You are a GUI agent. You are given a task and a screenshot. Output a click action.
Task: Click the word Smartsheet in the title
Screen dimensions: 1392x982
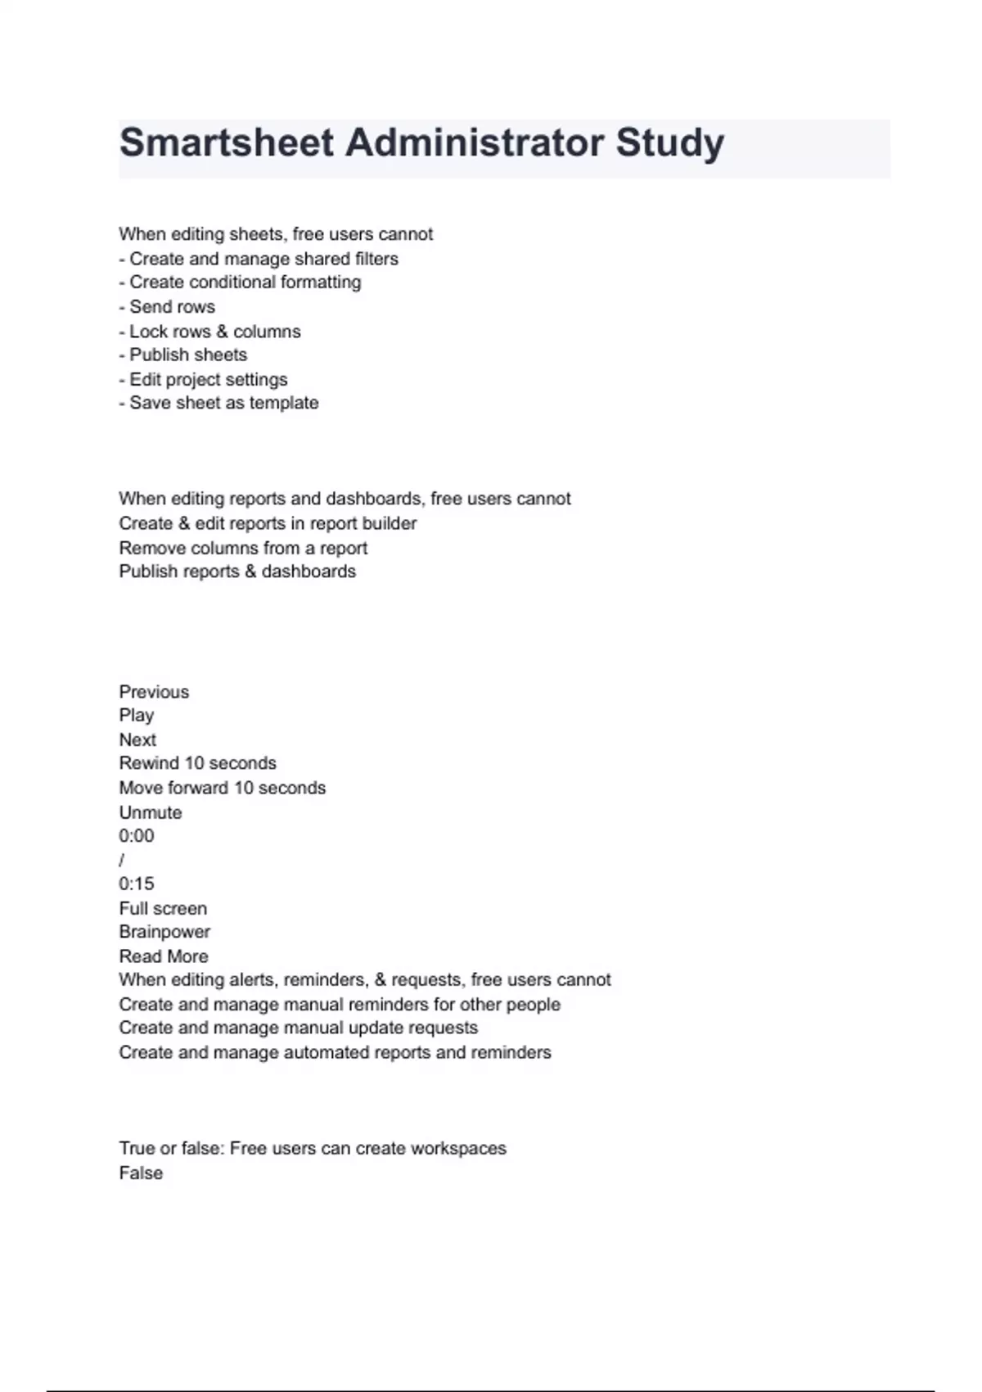(x=227, y=143)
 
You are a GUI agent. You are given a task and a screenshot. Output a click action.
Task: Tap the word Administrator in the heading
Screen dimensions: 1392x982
(x=475, y=143)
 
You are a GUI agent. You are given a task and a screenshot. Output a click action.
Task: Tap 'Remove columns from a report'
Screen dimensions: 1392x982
(x=243, y=548)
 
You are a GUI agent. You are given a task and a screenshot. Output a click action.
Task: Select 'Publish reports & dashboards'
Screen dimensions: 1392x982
(x=237, y=572)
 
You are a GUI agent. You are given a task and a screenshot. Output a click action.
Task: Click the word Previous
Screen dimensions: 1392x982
(x=154, y=692)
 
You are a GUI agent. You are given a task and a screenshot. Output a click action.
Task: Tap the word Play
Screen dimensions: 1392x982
(x=136, y=716)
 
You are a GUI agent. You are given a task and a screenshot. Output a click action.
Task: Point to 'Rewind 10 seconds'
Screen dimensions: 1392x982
(x=197, y=763)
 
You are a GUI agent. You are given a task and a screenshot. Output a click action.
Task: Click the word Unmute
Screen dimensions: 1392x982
(x=151, y=812)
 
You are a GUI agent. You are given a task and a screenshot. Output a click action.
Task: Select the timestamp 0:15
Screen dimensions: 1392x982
(x=136, y=884)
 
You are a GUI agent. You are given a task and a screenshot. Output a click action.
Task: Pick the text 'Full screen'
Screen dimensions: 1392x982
(x=163, y=908)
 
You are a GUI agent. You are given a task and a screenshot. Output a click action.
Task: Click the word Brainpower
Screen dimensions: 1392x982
(x=164, y=932)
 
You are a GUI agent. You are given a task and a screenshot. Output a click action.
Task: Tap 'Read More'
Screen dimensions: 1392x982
(x=164, y=956)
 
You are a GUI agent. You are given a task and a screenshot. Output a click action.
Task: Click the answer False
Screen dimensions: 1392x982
(x=141, y=1173)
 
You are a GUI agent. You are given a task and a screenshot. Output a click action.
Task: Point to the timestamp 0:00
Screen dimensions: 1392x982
(x=136, y=836)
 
